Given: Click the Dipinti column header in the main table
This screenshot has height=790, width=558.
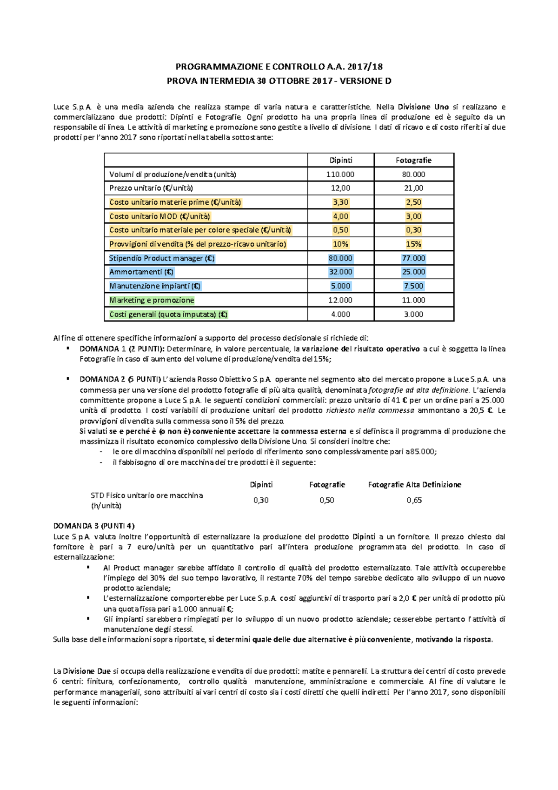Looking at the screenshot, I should click(x=341, y=160).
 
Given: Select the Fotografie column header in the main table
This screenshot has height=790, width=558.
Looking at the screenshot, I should click(x=413, y=160).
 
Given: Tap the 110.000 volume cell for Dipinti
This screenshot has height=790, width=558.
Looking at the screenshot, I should click(x=340, y=174).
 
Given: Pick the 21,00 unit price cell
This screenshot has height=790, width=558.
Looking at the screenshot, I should click(x=413, y=188).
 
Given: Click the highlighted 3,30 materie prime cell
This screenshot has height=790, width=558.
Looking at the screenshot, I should click(x=340, y=202).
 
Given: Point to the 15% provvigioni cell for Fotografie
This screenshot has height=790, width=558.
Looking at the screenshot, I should click(x=413, y=244).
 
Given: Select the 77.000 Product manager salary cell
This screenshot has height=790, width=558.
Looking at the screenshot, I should click(x=413, y=258).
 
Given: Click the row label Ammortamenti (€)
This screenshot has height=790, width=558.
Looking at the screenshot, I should click(x=141, y=272).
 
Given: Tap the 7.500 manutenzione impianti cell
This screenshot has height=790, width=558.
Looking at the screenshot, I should click(x=413, y=286).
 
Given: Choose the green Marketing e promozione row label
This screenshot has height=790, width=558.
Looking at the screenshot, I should click(x=152, y=300).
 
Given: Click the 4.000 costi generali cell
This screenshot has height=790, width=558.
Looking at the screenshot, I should click(x=340, y=314).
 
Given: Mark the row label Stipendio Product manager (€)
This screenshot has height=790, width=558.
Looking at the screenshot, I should click(x=162, y=258).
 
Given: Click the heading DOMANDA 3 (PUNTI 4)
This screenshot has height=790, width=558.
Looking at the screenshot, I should click(x=94, y=526).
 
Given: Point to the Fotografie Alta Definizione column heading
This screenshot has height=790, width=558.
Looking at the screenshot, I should click(x=414, y=484).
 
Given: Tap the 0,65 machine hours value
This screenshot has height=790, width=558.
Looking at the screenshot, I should click(x=414, y=500).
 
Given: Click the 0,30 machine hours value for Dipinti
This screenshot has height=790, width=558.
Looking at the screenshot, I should click(x=261, y=500).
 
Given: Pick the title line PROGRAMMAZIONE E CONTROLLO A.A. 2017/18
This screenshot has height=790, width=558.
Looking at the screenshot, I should click(x=279, y=67).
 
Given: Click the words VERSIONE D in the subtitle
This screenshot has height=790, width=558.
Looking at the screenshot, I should click(x=365, y=81).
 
